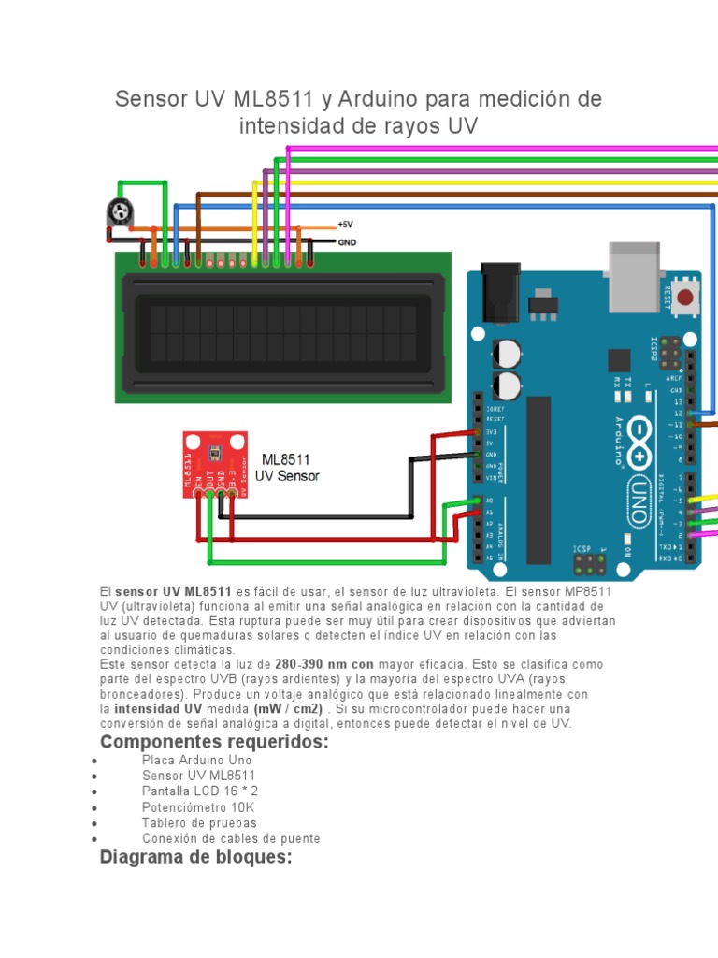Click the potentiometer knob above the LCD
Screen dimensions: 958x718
pos(118,213)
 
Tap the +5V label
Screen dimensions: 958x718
pos(346,225)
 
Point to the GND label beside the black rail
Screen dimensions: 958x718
pos(347,241)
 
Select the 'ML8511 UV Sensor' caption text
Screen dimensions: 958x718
pos(287,468)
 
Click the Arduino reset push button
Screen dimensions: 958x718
pos(686,298)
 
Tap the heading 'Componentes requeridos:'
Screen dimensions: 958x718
pos(214,742)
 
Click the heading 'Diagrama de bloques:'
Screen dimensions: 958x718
pos(195,856)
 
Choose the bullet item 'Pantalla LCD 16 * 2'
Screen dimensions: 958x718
pos(200,791)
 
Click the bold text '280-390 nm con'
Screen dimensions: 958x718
pos(324,664)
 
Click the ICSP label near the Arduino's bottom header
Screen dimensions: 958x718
pos(582,549)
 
